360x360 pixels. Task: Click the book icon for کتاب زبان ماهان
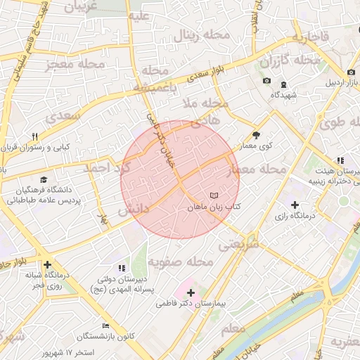tap(214, 194)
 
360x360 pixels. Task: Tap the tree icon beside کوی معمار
tap(255, 135)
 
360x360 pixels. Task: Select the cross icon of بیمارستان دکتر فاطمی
tap(191, 292)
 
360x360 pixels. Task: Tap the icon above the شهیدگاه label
tap(284, 84)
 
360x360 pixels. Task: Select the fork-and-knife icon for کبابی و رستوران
tap(34, 136)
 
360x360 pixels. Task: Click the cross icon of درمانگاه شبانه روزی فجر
tap(47, 265)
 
